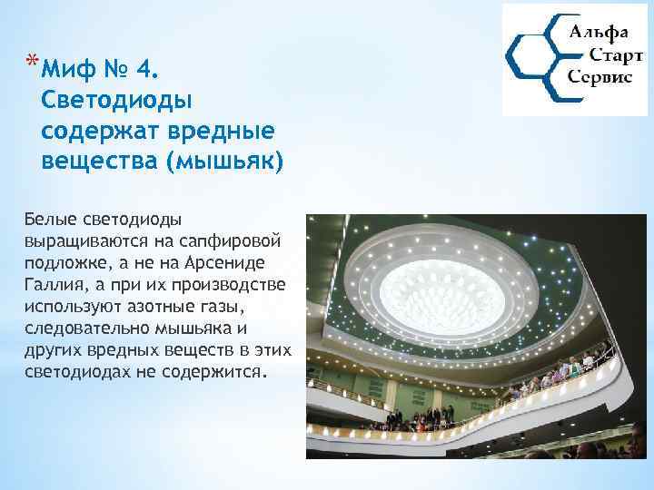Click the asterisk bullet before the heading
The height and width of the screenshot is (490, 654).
(x=32, y=62)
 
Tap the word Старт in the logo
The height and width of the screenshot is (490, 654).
(x=605, y=54)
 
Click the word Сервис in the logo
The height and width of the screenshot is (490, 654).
(x=599, y=77)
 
